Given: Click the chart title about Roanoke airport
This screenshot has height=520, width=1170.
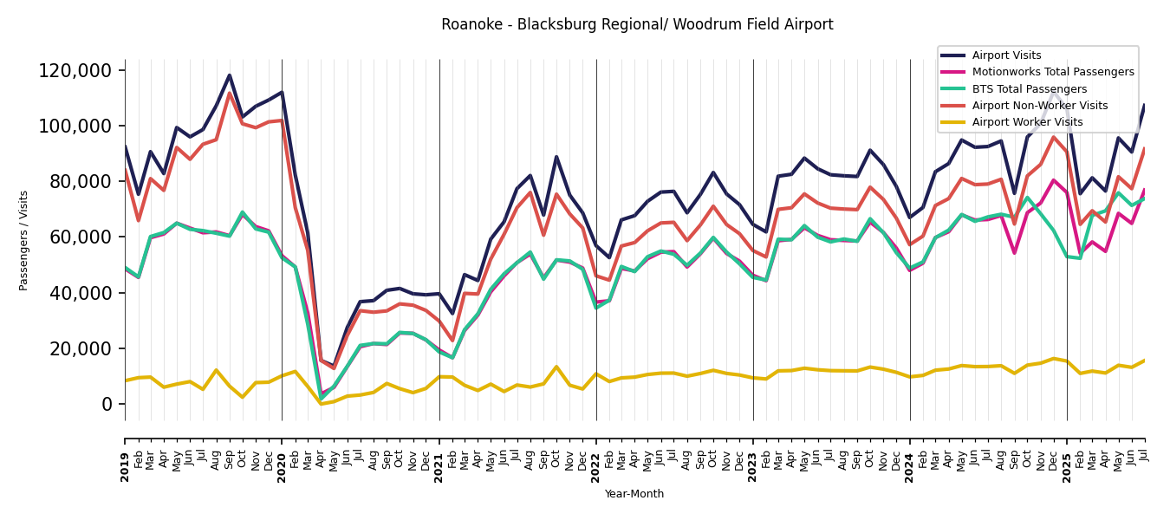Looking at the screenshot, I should click(x=637, y=25).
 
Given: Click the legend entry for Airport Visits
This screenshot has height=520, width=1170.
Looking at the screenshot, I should click(x=1006, y=55).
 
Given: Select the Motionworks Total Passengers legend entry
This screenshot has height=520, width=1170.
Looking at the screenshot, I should click(x=1052, y=72).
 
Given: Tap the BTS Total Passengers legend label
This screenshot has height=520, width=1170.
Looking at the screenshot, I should click(x=1029, y=89).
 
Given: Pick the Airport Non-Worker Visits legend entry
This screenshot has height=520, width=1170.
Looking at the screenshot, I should click(x=1039, y=106).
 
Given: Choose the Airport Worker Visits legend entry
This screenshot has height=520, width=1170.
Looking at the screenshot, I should click(x=1027, y=122).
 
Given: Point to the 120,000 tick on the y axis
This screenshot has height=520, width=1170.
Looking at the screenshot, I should click(x=75, y=70).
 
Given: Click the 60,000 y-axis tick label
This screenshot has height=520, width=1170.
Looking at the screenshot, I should click(x=80, y=237).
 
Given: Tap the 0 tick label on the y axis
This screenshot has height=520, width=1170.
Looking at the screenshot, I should click(x=107, y=404).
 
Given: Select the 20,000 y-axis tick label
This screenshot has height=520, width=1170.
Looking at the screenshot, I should click(x=80, y=348).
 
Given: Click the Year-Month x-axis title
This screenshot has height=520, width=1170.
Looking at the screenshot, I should click(x=634, y=494).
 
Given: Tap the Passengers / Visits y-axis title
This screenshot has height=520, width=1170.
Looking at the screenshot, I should click(x=24, y=240).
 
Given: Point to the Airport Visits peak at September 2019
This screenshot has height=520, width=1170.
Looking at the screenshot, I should click(x=230, y=75).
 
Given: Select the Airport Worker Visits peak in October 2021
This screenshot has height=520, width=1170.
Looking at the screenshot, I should click(x=556, y=367).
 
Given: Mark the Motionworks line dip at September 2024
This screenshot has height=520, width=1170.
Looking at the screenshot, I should click(x=1014, y=253).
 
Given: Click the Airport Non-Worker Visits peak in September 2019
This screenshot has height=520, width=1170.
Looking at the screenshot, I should click(x=230, y=94).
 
